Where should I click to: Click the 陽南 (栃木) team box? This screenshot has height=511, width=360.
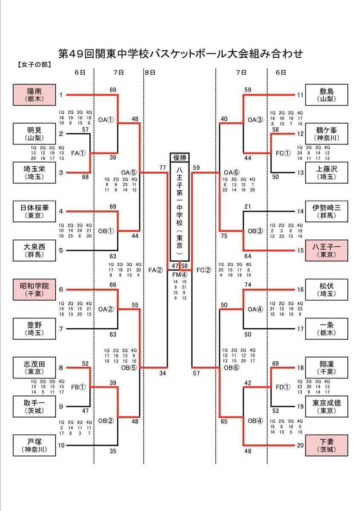click(x=34, y=95)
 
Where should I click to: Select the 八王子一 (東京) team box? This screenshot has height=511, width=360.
click(x=326, y=250)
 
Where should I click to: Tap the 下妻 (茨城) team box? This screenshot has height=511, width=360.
click(x=326, y=445)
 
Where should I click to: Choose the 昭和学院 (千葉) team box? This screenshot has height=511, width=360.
click(x=34, y=289)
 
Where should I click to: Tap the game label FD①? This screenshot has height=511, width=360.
click(x=283, y=387)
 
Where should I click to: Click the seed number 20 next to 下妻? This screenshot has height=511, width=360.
click(x=300, y=445)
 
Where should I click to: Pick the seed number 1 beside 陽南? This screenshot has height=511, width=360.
click(x=61, y=95)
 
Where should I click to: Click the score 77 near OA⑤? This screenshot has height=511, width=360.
click(x=163, y=168)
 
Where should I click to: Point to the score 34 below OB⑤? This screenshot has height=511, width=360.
click(x=162, y=373)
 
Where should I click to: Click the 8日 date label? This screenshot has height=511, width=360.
click(x=150, y=73)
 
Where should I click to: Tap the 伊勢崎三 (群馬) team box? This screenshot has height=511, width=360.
click(x=326, y=212)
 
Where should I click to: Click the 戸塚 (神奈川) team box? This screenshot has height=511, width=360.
click(x=34, y=445)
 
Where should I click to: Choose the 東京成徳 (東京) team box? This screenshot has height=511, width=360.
click(x=326, y=406)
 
